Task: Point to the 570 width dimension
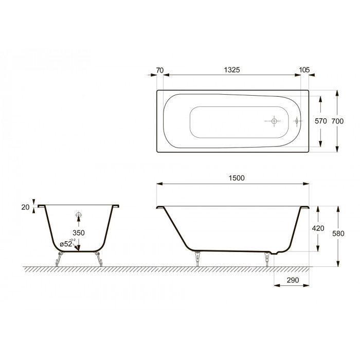(x=321, y=121)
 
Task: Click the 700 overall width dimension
(x=337, y=121)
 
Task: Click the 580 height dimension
(x=337, y=233)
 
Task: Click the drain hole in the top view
(x=274, y=121)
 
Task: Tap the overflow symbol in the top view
(x=297, y=121)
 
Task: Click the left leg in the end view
(x=59, y=259)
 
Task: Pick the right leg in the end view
(x=98, y=259)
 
